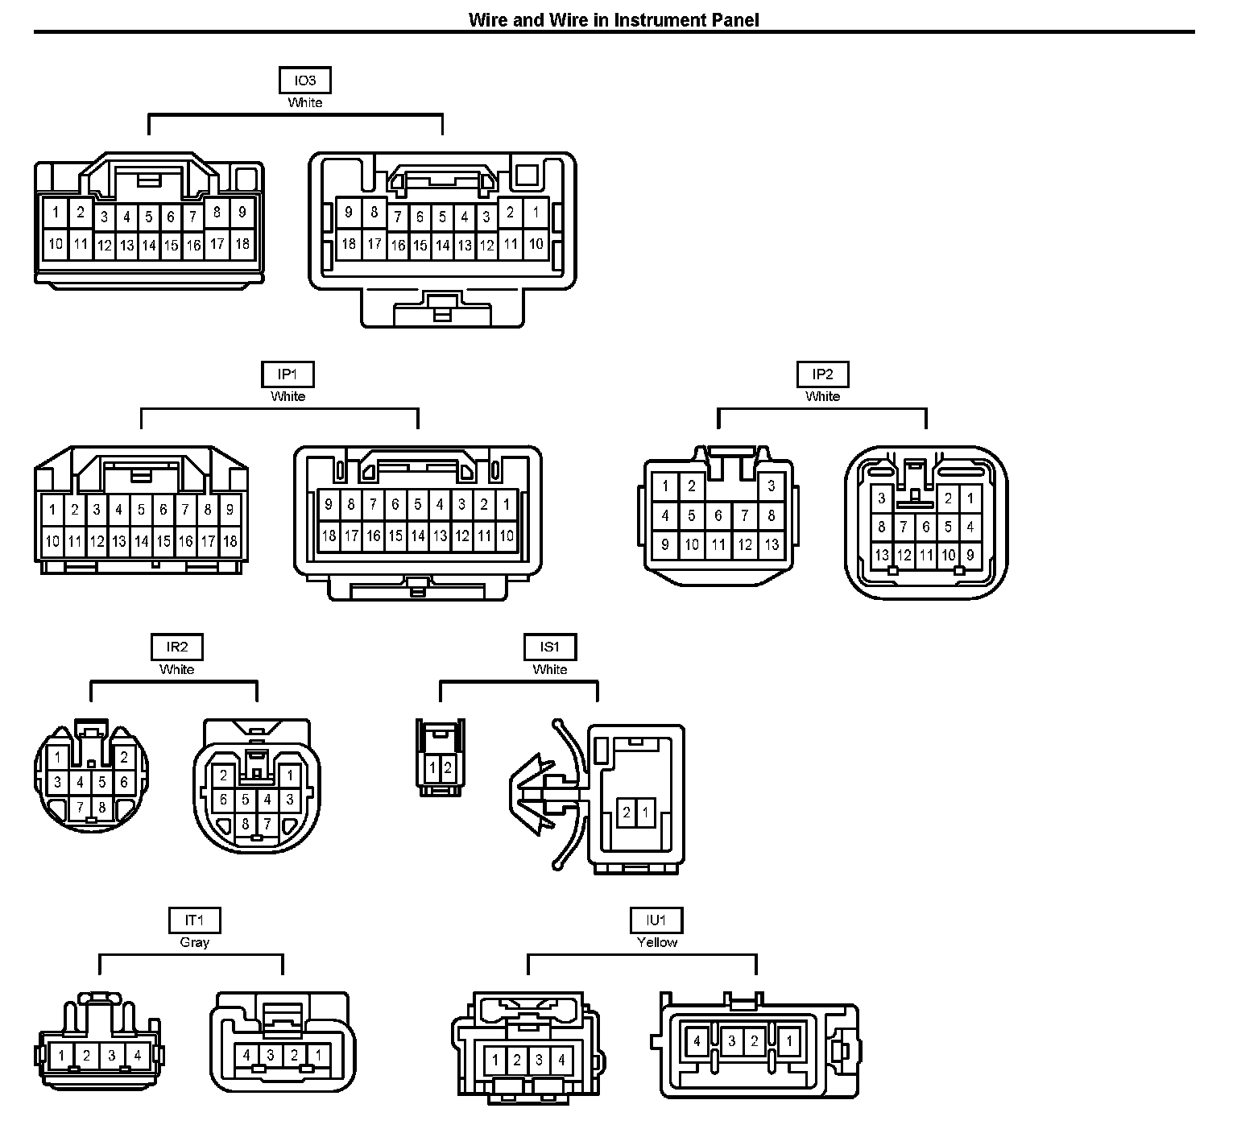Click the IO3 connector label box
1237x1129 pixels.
pos(304,81)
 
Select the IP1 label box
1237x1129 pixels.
pos(288,374)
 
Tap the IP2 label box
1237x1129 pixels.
pos(822,374)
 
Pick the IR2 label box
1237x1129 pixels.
pos(177,647)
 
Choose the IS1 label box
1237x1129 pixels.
pos(550,647)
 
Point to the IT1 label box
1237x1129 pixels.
pos(194,920)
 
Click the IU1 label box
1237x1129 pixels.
pos(656,920)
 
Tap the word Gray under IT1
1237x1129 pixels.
pos(195,942)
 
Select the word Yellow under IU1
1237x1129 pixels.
pos(657,942)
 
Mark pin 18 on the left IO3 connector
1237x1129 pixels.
pos(242,243)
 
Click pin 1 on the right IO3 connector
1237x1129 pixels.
pos(536,213)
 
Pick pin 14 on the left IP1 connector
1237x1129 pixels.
pos(141,541)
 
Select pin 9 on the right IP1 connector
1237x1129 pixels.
pos(329,506)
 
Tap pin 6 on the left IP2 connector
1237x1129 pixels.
pos(718,515)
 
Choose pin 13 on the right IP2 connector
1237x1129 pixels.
pos(882,555)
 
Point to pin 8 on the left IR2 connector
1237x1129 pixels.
pos(102,807)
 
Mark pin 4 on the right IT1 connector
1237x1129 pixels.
pos(246,1055)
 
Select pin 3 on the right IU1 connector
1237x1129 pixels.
pos(731,1041)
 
